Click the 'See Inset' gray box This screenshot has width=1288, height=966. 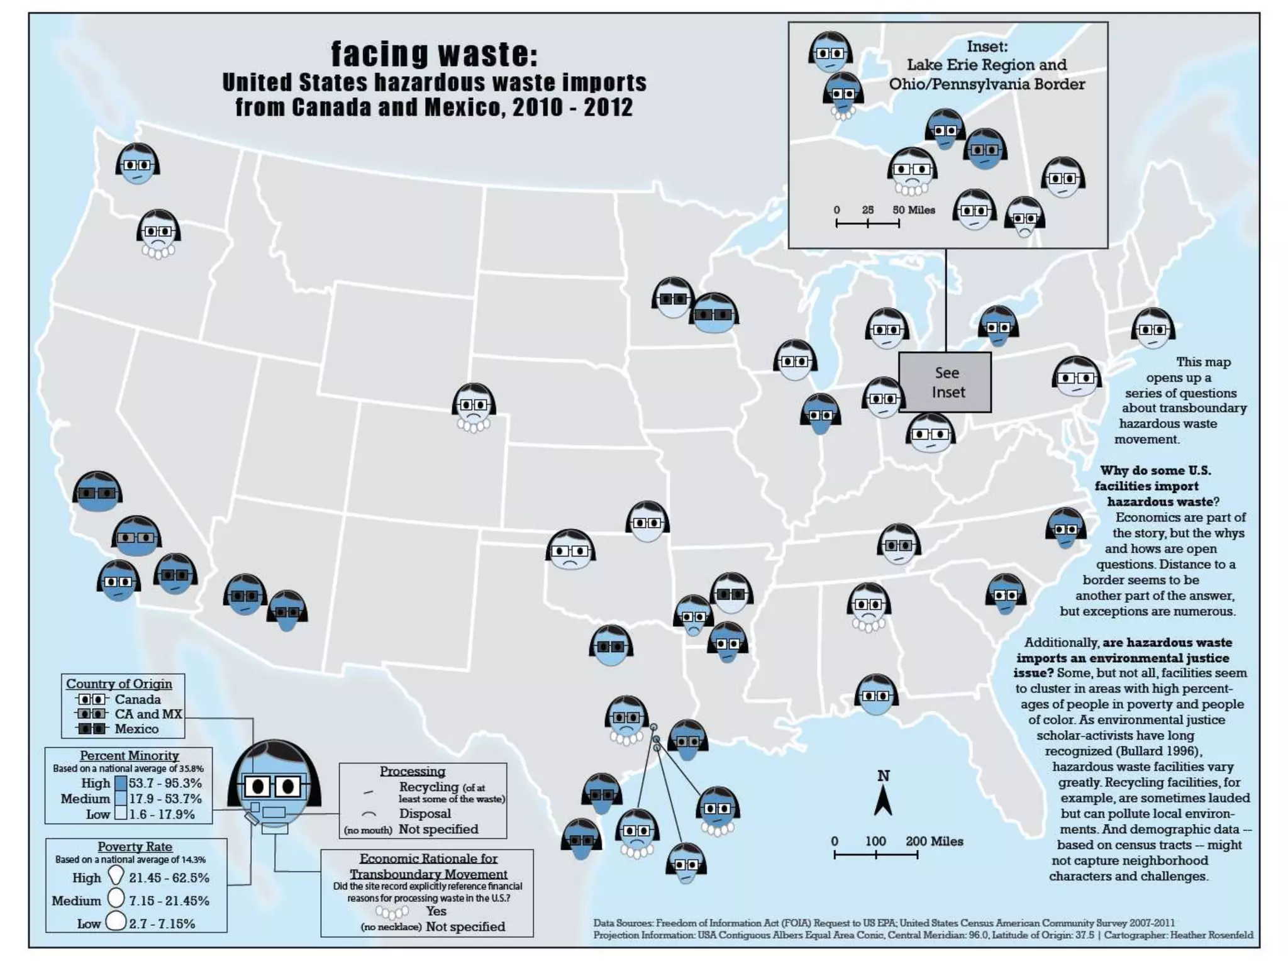click(945, 382)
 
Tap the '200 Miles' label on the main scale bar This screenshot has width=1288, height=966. click(934, 841)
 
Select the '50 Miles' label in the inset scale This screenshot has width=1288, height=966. click(914, 210)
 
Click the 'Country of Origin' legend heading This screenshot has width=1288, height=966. click(119, 684)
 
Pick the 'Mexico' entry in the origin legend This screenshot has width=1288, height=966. click(136, 729)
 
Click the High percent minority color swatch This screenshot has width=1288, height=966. click(121, 783)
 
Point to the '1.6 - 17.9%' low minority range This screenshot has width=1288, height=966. click(162, 814)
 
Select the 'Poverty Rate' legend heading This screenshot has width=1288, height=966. click(135, 847)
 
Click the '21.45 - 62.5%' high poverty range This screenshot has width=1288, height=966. click(169, 878)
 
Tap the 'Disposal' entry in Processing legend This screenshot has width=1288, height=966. click(425, 814)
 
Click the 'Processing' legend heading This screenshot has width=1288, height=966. click(413, 771)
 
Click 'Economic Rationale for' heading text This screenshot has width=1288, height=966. click(428, 858)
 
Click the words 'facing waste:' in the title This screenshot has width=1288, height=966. click(435, 54)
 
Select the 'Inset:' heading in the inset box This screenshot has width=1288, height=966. click(987, 47)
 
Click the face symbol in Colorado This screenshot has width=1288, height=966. click(474, 406)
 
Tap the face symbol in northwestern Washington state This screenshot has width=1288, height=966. click(138, 164)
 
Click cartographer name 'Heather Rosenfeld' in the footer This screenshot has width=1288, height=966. click(1211, 935)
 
